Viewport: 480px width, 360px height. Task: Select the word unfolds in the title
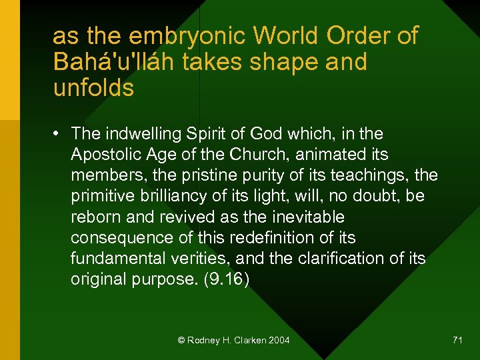click(93, 87)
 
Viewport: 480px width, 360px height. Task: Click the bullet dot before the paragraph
click(57, 134)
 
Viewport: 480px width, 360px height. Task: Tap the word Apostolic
click(105, 154)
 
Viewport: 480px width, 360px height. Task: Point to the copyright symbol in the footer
click(181, 340)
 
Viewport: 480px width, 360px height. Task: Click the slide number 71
click(457, 340)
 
